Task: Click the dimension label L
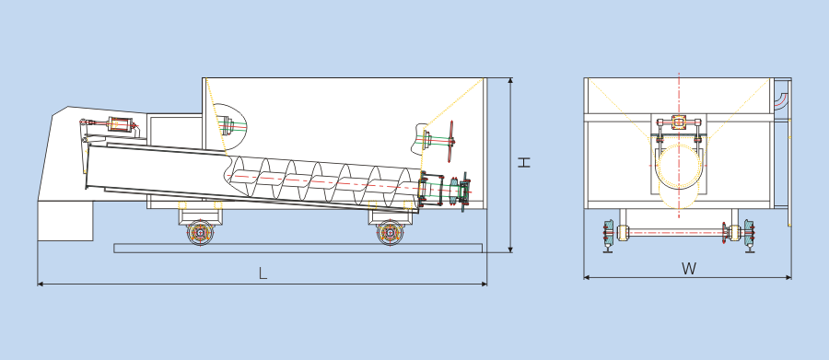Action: click(263, 273)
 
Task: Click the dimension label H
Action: click(523, 162)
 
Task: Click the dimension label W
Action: click(689, 269)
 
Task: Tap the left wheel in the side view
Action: click(200, 232)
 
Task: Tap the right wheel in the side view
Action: click(391, 232)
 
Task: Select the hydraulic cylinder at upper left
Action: click(121, 125)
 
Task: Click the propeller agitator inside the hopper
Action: click(451, 141)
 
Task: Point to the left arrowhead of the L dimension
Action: click(40, 284)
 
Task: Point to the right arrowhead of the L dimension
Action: click(485, 284)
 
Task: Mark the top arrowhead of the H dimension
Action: click(510, 81)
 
